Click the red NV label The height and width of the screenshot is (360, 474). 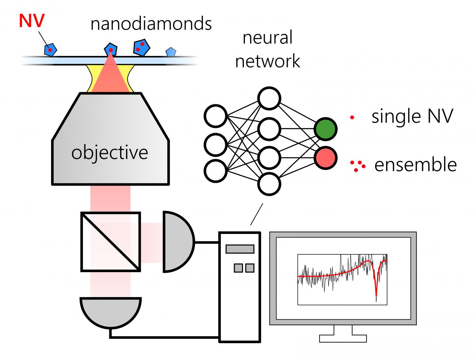click(x=32, y=21)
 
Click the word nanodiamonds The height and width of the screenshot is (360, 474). click(x=151, y=24)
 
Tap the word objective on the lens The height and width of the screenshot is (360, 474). click(x=110, y=153)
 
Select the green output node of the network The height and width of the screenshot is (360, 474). click(x=325, y=129)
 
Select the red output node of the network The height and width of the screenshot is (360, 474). click(x=325, y=158)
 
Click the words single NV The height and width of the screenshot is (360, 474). click(x=412, y=116)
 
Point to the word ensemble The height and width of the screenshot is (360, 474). click(x=415, y=165)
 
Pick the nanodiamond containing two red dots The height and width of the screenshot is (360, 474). click(x=142, y=47)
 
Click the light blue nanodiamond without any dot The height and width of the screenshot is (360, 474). click(x=171, y=52)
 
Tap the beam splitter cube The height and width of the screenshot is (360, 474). click(x=111, y=242)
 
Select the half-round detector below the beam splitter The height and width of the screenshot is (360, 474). click(x=111, y=311)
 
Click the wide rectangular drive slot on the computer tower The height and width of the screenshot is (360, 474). click(x=240, y=249)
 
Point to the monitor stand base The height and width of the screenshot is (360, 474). click(x=343, y=338)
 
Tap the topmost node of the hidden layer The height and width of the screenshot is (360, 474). click(x=269, y=98)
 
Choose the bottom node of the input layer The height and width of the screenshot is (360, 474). click(x=216, y=171)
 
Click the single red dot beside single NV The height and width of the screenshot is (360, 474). click(x=352, y=117)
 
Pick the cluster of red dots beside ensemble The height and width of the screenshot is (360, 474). click(x=357, y=166)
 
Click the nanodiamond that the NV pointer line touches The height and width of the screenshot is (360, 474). click(x=50, y=50)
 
